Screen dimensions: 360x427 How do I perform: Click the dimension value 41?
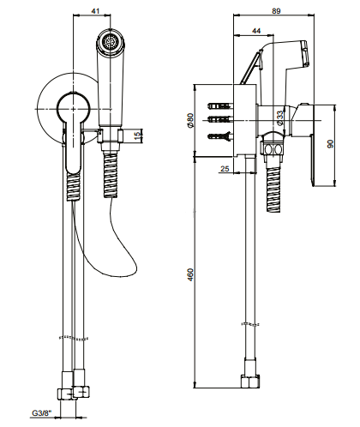(x=95, y=11)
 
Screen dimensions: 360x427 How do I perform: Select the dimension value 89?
(x=276, y=11)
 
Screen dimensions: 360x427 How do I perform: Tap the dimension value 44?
(x=256, y=31)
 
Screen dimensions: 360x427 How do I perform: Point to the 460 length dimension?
(x=190, y=274)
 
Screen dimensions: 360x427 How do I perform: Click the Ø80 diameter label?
(x=190, y=120)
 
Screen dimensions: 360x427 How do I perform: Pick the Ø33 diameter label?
(x=280, y=117)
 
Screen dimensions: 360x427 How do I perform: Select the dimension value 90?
(x=330, y=144)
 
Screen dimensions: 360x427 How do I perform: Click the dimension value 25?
(x=225, y=169)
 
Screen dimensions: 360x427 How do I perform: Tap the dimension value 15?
(x=138, y=135)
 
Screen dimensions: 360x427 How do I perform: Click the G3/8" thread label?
(x=42, y=413)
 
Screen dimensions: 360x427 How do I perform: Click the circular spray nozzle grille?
(x=110, y=43)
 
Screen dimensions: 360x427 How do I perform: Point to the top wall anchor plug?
(x=220, y=105)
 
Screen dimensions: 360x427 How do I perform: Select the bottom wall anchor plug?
(x=220, y=136)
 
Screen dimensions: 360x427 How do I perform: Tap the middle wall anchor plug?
(x=220, y=118)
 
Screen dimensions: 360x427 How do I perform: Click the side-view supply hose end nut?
(x=250, y=382)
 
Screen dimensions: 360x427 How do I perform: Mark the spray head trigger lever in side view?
(x=251, y=67)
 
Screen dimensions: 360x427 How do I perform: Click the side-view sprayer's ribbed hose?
(x=273, y=190)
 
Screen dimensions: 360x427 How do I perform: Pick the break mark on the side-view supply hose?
(x=250, y=324)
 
